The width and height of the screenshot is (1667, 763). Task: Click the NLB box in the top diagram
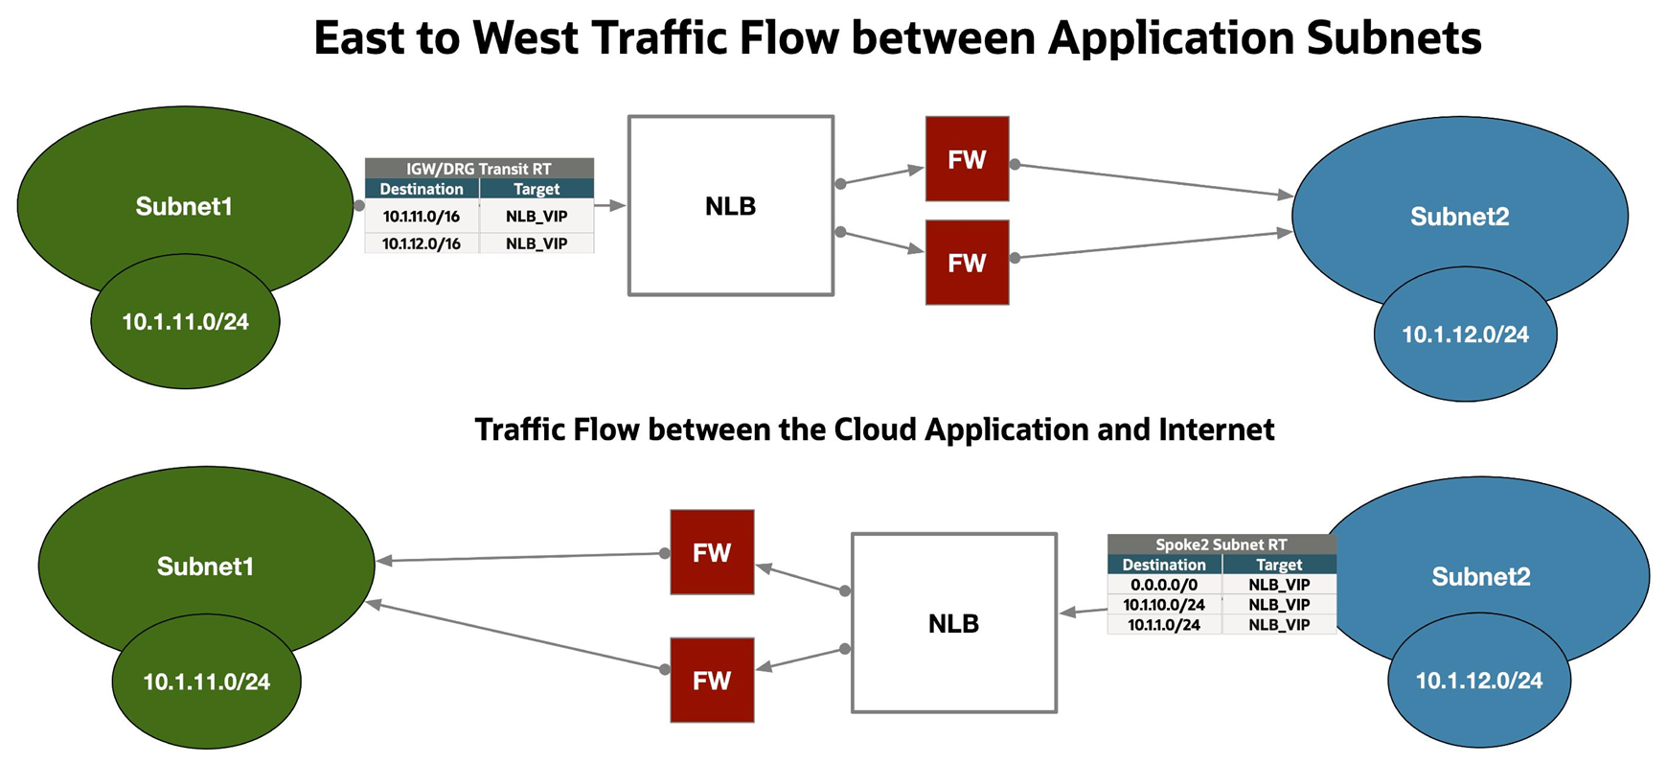(730, 206)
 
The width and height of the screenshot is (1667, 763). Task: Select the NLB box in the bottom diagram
(953, 623)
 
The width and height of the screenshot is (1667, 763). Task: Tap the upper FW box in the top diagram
(967, 159)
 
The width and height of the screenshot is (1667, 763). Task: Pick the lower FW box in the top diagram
(967, 263)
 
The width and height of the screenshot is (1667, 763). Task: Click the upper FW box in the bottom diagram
(712, 552)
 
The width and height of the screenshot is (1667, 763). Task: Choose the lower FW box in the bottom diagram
(712, 681)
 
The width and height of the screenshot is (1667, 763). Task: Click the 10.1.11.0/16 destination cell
(422, 217)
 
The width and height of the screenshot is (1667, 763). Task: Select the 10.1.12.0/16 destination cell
(422, 243)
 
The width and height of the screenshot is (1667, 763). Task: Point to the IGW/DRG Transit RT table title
(479, 169)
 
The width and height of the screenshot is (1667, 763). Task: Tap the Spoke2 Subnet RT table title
(1221, 544)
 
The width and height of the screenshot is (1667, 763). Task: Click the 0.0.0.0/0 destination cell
(1163, 585)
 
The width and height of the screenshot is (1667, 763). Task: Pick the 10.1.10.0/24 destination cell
(1163, 605)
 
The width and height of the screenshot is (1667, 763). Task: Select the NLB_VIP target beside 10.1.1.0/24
(1278, 625)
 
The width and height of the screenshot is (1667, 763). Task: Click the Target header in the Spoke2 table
(1278, 565)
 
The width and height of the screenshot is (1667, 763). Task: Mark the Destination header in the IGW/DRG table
(422, 189)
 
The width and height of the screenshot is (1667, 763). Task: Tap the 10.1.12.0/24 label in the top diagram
(1465, 335)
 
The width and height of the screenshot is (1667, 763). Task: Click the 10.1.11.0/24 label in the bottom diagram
(206, 682)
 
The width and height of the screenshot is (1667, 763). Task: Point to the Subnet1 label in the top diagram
(184, 206)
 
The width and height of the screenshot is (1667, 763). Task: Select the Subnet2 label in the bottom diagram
(1480, 576)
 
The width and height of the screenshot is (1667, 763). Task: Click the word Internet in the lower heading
(1216, 428)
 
